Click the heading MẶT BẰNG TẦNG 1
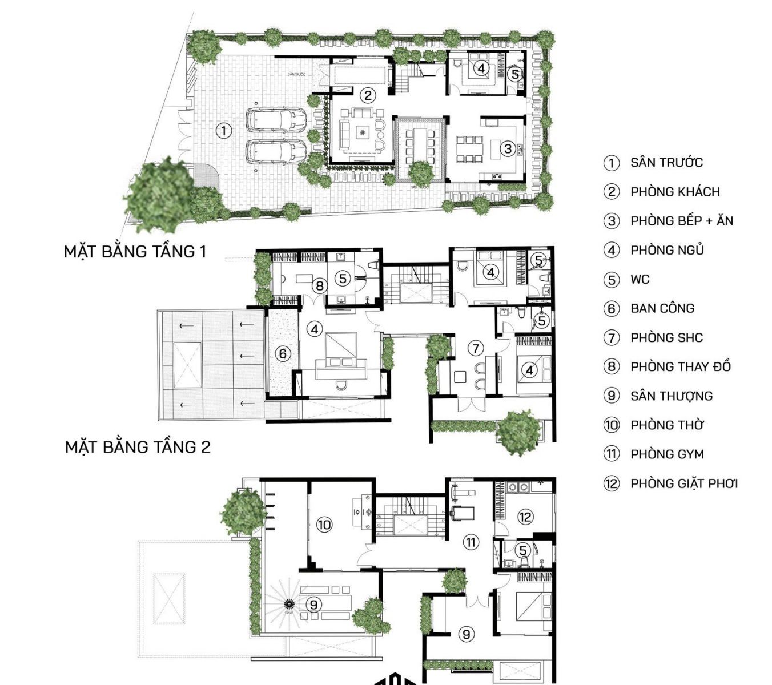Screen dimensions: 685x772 pyautogui.click(x=135, y=252)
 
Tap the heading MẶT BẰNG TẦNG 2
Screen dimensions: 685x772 pyautogui.click(x=138, y=447)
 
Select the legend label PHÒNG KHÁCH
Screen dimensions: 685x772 pyautogui.click(x=675, y=192)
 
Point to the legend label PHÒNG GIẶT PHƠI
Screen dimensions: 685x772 pyautogui.click(x=684, y=483)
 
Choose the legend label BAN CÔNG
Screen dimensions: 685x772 pyautogui.click(x=662, y=309)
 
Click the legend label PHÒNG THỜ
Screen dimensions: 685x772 pyautogui.click(x=667, y=425)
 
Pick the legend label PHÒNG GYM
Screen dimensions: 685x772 pyautogui.click(x=667, y=454)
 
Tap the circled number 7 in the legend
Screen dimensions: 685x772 pyautogui.click(x=612, y=338)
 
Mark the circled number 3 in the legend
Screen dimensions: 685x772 pyautogui.click(x=612, y=221)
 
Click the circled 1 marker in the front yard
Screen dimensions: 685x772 pyautogui.click(x=224, y=131)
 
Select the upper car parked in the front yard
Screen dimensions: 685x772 pyautogui.click(x=276, y=119)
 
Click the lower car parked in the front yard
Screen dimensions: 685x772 pyautogui.click(x=276, y=152)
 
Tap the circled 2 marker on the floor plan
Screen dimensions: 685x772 pyautogui.click(x=368, y=95)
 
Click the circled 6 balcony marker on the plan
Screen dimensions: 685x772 pyautogui.click(x=283, y=354)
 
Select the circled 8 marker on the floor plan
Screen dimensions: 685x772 pyautogui.click(x=319, y=285)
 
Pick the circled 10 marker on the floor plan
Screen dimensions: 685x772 pyautogui.click(x=324, y=524)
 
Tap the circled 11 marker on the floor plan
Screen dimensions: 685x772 pyautogui.click(x=471, y=542)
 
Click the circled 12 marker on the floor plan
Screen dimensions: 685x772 pyautogui.click(x=525, y=517)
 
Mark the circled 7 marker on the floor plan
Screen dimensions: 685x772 pyautogui.click(x=475, y=348)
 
